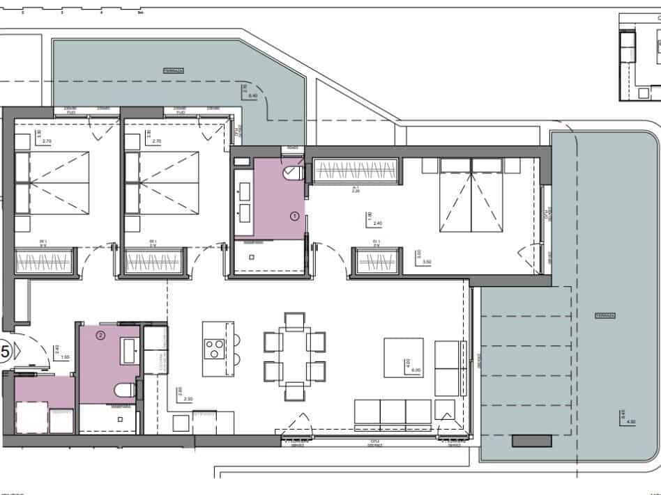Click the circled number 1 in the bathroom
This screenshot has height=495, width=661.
[294, 217]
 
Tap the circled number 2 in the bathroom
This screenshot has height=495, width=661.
[100, 336]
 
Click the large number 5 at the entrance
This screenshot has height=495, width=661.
[6, 352]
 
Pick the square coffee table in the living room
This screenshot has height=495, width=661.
[404, 357]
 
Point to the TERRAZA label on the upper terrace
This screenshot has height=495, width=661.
[174, 71]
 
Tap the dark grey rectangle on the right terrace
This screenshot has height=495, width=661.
[532, 440]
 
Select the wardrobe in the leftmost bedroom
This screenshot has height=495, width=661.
[44, 263]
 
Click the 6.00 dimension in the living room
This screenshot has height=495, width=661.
[416, 370]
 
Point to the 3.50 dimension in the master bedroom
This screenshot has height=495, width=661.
[417, 262]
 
